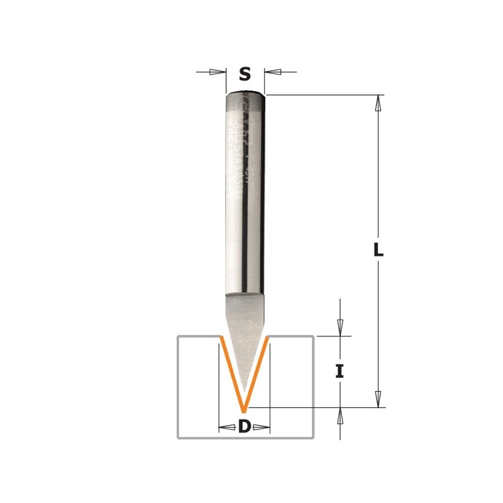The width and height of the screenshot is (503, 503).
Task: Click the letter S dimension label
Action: pyautogui.click(x=245, y=74)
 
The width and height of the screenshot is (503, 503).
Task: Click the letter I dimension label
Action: pyautogui.click(x=340, y=372)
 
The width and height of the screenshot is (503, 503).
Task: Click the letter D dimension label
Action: pyautogui.click(x=245, y=428)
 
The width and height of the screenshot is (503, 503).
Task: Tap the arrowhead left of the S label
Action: pyautogui.click(x=218, y=72)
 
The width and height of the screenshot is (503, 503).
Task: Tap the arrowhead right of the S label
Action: pyautogui.click(x=272, y=72)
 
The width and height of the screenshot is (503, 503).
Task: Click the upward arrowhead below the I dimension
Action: pyautogui.click(x=340, y=415)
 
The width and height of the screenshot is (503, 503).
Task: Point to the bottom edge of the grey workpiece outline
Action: pyautogui.click(x=245, y=438)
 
